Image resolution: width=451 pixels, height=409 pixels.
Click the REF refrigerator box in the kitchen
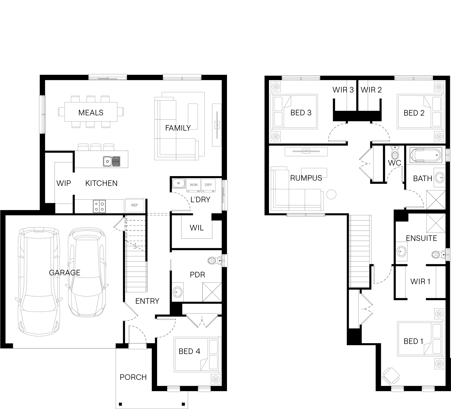click(x=135, y=205)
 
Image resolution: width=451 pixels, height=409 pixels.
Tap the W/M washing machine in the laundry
click(x=193, y=185)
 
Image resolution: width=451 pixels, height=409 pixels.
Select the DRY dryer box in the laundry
click(x=208, y=185)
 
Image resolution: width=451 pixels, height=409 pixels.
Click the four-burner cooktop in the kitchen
click(x=99, y=206)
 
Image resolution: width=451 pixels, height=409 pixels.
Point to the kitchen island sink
click(x=112, y=161)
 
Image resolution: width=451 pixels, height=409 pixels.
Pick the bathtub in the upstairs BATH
click(x=426, y=155)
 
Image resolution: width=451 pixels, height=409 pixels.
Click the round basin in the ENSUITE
click(x=402, y=251)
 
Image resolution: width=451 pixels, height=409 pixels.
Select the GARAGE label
click(x=65, y=273)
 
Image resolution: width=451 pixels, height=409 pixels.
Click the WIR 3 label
click(x=343, y=90)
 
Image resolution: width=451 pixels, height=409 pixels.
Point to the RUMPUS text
click(x=306, y=178)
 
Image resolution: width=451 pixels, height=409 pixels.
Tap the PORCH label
click(x=133, y=377)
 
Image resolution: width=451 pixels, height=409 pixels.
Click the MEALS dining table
click(x=91, y=112)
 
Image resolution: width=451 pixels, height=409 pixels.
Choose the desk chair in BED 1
click(x=390, y=376)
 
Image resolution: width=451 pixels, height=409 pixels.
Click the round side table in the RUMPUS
click(x=331, y=194)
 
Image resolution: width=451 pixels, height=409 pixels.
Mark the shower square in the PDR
click(x=212, y=292)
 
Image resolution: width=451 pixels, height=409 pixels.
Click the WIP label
click(x=64, y=183)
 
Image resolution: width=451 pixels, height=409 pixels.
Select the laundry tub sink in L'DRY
click(x=178, y=183)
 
